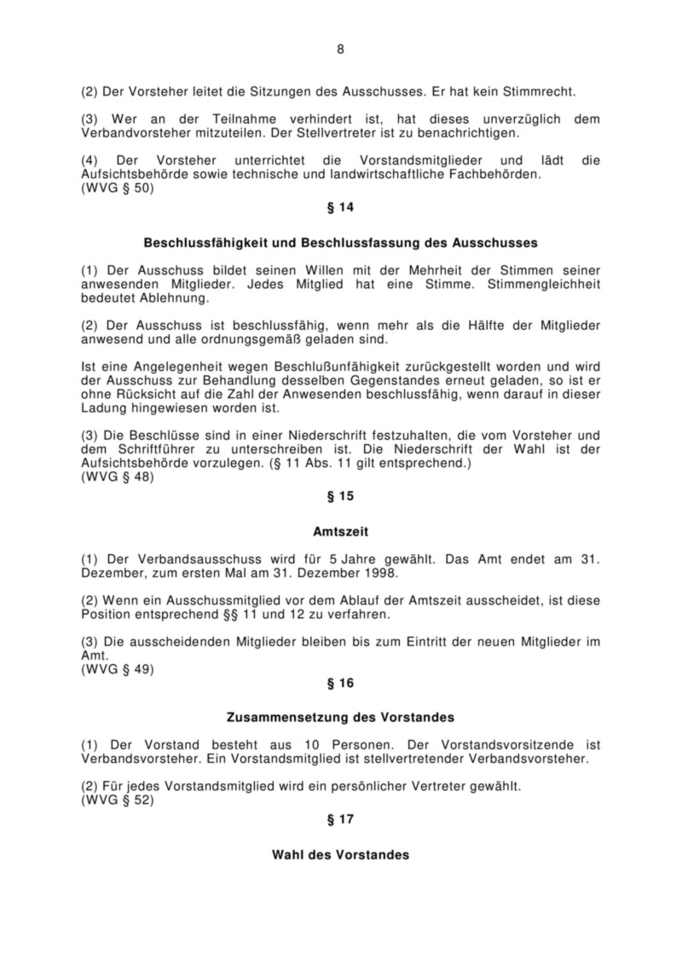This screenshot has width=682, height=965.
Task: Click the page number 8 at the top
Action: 340,49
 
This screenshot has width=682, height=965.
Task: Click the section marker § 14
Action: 340,207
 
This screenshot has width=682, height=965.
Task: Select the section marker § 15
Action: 340,495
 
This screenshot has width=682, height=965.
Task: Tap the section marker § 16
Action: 340,683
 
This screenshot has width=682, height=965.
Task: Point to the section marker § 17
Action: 340,819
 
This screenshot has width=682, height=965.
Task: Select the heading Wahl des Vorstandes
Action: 340,854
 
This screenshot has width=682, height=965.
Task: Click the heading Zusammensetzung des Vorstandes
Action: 340,717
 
